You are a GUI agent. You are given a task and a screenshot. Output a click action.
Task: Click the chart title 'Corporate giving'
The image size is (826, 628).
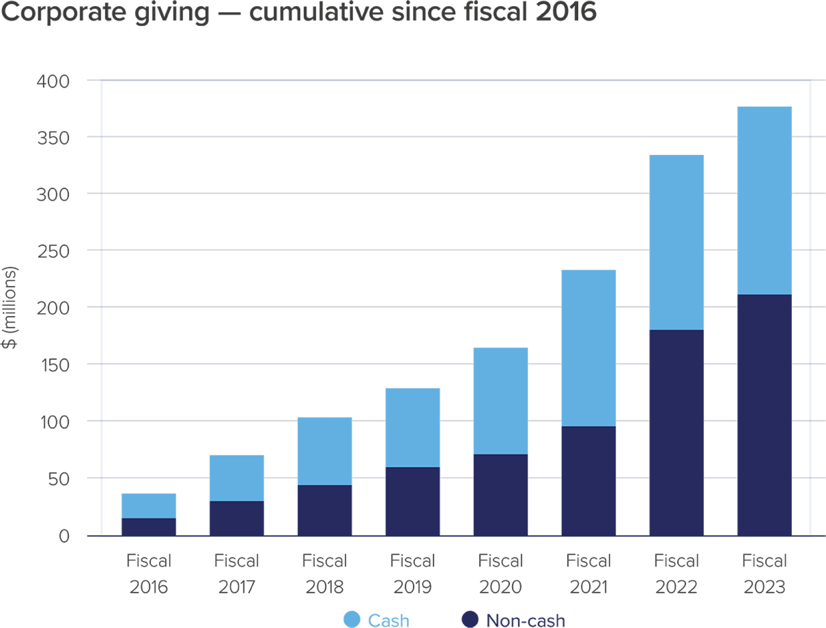click(x=105, y=13)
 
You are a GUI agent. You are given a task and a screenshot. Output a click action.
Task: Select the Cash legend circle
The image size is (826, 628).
click(x=352, y=619)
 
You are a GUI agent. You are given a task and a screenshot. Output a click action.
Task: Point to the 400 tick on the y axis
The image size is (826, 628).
click(x=53, y=81)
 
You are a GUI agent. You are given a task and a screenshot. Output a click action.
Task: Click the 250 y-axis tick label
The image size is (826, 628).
click(x=53, y=251)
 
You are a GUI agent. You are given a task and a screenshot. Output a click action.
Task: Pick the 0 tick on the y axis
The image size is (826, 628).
click(x=64, y=536)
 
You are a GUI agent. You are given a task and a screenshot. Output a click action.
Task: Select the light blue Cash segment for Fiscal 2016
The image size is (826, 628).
click(x=148, y=505)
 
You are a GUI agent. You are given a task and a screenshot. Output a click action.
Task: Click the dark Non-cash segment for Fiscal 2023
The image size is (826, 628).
click(x=764, y=415)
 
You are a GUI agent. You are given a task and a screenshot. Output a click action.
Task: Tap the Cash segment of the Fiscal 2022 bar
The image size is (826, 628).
click(x=676, y=242)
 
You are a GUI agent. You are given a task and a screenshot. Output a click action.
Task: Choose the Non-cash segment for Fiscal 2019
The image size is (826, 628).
click(x=412, y=501)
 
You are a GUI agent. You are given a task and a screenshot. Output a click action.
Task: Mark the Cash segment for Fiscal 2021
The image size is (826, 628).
click(x=588, y=348)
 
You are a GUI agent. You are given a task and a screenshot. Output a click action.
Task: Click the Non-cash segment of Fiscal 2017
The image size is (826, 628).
click(x=237, y=518)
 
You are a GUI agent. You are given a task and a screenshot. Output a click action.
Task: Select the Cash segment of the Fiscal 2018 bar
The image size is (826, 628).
click(x=324, y=451)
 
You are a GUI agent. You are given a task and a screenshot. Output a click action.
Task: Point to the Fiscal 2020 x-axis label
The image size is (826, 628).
click(x=500, y=574)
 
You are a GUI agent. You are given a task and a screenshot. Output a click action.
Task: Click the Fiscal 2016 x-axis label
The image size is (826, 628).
click(x=148, y=574)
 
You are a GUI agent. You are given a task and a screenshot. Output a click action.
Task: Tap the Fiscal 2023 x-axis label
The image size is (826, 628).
click(x=764, y=574)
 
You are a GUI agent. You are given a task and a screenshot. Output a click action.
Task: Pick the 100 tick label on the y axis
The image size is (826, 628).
click(x=53, y=422)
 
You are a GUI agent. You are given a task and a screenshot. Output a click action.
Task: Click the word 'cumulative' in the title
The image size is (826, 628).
click(x=316, y=13)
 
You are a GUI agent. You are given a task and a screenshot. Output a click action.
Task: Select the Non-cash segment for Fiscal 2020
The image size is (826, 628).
click(x=500, y=494)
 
